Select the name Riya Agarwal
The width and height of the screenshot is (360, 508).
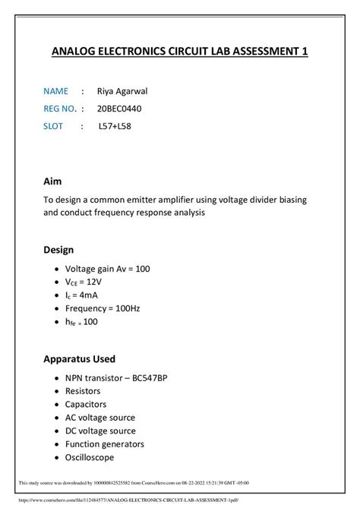(x=122, y=91)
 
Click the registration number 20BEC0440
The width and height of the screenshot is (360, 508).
(x=119, y=109)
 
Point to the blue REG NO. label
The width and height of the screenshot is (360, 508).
(x=60, y=109)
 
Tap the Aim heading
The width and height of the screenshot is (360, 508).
(x=52, y=182)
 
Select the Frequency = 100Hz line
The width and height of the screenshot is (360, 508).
(x=103, y=308)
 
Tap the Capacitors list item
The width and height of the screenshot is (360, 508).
(x=85, y=404)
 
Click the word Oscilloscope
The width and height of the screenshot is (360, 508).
(x=89, y=457)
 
